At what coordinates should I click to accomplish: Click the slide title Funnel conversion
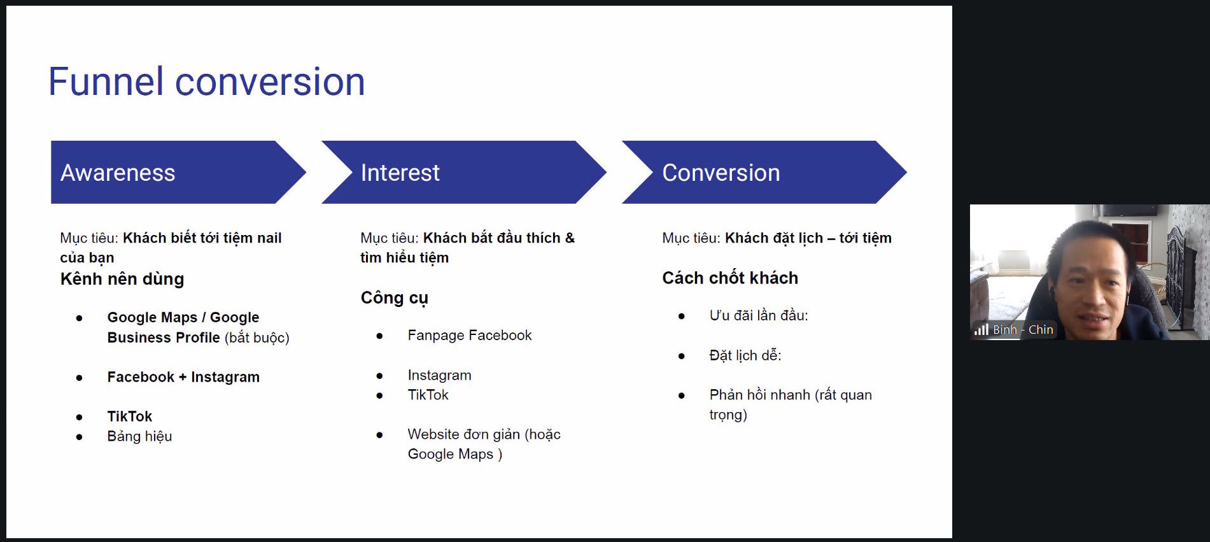pos(206,82)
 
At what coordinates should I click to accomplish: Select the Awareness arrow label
pos(118,173)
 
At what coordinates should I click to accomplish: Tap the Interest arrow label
pos(400,173)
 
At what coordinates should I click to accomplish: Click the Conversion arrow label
pos(721,173)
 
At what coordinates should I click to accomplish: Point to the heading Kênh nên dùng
pos(122,279)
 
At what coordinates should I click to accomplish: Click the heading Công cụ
pos(395,298)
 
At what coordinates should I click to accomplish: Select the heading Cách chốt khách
pos(730,278)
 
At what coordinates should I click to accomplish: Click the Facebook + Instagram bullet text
pos(183,377)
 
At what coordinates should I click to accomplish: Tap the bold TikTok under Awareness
pos(130,417)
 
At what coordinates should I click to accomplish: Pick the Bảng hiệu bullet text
pos(139,436)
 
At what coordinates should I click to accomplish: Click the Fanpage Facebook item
pos(470,336)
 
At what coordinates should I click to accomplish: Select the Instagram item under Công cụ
pos(439,375)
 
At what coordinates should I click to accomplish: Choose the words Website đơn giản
pos(464,434)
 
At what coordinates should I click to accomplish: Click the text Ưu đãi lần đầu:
pos(759,315)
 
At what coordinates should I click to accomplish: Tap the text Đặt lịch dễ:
pos(745,355)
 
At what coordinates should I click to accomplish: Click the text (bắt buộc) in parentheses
pos(257,338)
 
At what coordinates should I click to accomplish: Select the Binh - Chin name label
pos(1023,330)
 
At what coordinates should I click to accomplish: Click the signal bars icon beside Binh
pos(981,329)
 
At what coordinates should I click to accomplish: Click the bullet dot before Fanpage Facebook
pos(379,336)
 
